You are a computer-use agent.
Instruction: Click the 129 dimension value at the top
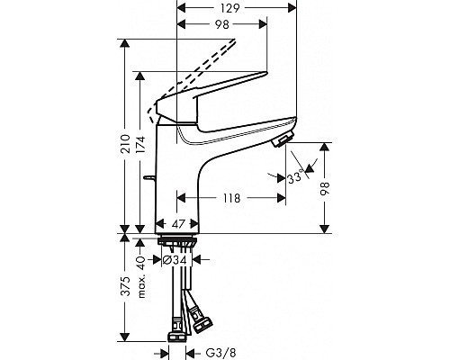pyautogui.click(x=230, y=8)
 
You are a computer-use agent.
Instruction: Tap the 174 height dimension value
pyautogui.click(x=141, y=145)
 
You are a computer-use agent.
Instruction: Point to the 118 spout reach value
pyautogui.click(x=231, y=198)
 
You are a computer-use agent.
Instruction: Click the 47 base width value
pyautogui.click(x=178, y=224)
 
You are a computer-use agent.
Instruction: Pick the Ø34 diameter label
pyautogui.click(x=175, y=260)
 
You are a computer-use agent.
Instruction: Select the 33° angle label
pyautogui.click(x=295, y=177)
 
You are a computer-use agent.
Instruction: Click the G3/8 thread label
pyautogui.click(x=220, y=353)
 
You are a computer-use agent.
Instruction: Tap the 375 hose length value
pyautogui.click(x=126, y=286)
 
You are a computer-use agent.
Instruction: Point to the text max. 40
pyautogui.click(x=141, y=277)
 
